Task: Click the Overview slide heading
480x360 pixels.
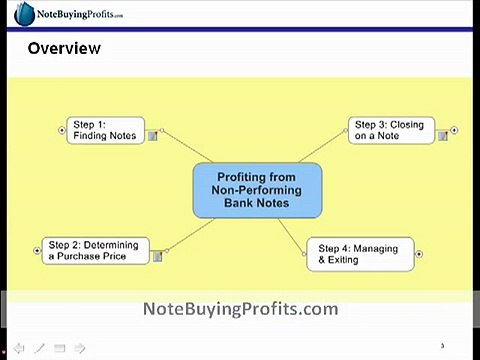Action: [64, 48]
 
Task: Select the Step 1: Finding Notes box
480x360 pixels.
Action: [106, 130]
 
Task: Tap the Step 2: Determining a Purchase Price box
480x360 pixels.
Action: [96, 250]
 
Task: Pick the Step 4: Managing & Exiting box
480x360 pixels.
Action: [359, 254]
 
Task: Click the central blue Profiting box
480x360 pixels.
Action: [257, 190]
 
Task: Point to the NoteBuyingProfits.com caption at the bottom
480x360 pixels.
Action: [241, 309]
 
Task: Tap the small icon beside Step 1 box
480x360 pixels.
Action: [153, 136]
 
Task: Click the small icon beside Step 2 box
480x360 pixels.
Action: [158, 257]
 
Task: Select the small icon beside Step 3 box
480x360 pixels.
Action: [443, 136]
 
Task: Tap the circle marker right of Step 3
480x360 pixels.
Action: [455, 130]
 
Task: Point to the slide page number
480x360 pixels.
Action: [441, 344]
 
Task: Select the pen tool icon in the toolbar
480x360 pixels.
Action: [40, 348]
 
